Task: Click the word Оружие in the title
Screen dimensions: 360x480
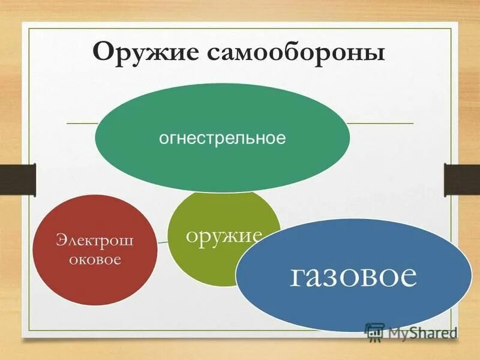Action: [x=146, y=52]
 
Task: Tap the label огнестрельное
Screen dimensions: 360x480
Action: [x=222, y=139]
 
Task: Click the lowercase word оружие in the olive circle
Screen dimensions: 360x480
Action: [x=224, y=235]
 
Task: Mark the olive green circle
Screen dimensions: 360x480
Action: [x=204, y=264]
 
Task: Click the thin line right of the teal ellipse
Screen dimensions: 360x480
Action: [x=380, y=123]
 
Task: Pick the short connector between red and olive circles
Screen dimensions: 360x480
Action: [x=163, y=241]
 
